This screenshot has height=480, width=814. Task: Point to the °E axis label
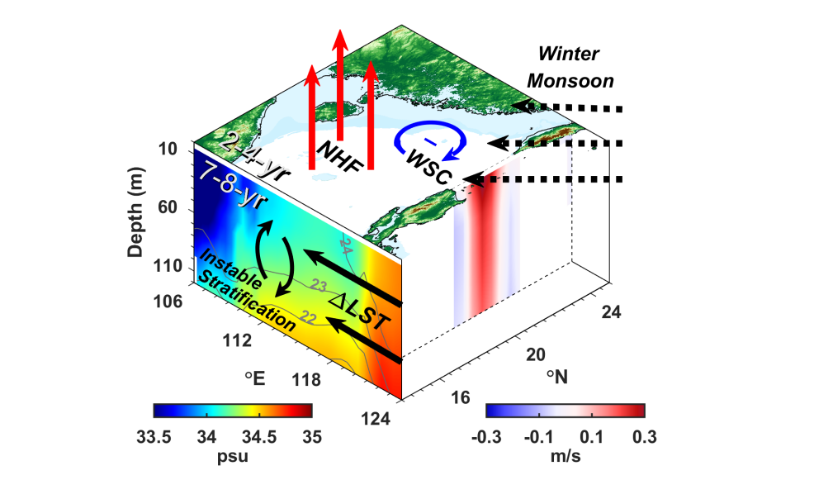254,378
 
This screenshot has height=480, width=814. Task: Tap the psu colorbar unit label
232,454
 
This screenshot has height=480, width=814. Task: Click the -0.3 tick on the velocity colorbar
486,435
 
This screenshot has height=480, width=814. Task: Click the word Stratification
247,299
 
